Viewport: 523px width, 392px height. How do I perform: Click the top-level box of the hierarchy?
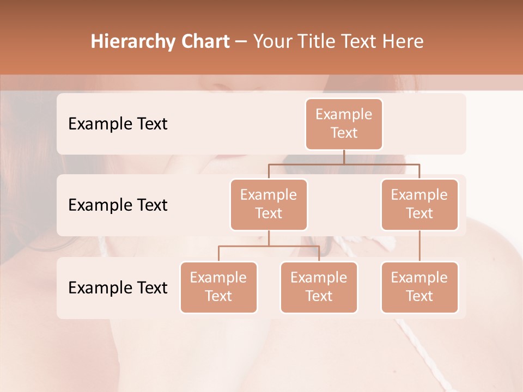pos(344,124)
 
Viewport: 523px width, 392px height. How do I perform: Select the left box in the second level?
pos(269,204)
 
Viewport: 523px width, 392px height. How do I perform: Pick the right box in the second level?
pos(419,204)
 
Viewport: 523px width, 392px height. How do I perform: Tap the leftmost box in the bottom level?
pos(218,287)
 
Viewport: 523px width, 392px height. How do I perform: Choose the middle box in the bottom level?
pos(319,287)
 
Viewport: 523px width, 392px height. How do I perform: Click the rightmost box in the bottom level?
pos(419,287)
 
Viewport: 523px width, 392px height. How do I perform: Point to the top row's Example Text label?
pos(118,124)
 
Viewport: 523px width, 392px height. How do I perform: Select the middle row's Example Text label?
pos(118,205)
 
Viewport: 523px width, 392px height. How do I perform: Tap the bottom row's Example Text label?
pos(118,287)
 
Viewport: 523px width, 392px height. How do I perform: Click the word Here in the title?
pos(404,41)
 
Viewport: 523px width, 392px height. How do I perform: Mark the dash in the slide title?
pos(241,41)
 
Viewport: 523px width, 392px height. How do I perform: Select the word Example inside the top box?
pos(344,114)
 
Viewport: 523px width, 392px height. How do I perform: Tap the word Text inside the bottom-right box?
pos(419,296)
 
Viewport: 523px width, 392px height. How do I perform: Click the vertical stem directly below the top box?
pos(344,157)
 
